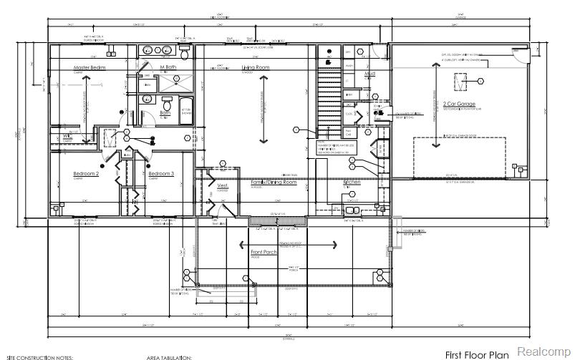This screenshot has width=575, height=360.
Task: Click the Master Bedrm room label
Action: coord(89,67)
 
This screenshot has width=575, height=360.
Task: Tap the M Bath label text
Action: coord(168,67)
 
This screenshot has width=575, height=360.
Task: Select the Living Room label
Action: coord(255,67)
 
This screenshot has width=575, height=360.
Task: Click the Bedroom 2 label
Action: coord(86,173)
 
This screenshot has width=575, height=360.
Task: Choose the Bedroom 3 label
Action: coord(161,173)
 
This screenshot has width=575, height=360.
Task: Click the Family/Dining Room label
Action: coord(274,183)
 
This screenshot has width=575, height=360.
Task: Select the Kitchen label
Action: coord(352,183)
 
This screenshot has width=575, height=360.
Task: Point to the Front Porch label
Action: coord(264,252)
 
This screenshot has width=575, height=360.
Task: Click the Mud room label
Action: coord(370,74)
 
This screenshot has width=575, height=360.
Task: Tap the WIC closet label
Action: coord(68,135)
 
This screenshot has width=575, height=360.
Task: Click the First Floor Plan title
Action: coord(477,354)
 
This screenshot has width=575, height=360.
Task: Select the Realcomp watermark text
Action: coord(543,352)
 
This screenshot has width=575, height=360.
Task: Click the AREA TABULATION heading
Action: coord(170,356)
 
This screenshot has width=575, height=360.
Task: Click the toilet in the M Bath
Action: coord(184,54)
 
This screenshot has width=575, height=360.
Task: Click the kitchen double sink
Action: coord(353,210)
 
